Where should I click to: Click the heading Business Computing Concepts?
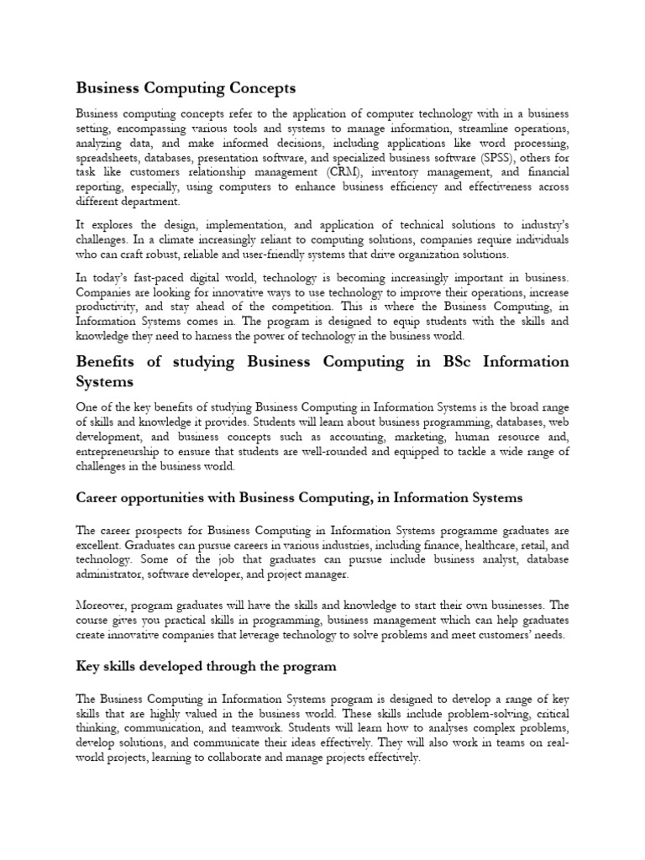pos(186,87)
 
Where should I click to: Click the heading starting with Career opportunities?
pos(299,498)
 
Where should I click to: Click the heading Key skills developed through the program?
pos(207,666)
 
